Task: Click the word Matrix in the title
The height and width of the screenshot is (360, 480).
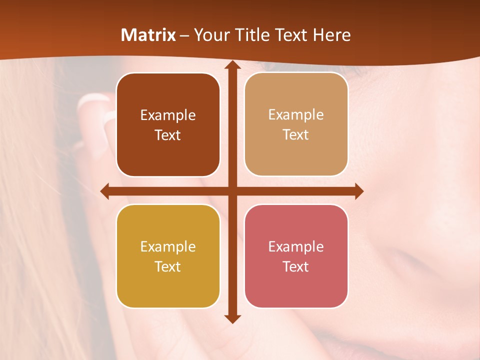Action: click(148, 35)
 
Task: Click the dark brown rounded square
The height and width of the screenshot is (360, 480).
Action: click(168, 125)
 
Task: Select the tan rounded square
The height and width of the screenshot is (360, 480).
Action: click(296, 124)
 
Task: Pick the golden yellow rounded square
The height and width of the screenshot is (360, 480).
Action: click(168, 256)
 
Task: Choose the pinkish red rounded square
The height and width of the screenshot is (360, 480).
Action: click(296, 256)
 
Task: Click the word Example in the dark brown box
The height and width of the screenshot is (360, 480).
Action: click(168, 115)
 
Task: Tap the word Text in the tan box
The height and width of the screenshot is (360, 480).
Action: click(296, 134)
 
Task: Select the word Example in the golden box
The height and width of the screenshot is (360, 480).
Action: click(168, 246)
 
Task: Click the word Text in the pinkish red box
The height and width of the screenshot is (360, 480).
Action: click(296, 266)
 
